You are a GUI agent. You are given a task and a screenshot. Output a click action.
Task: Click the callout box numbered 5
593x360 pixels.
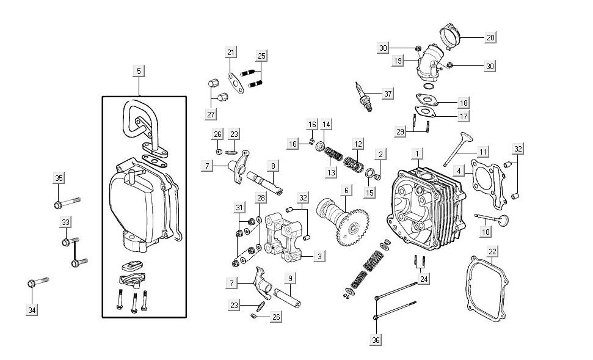[139, 72]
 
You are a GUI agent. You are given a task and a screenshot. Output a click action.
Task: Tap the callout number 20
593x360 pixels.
[490, 37]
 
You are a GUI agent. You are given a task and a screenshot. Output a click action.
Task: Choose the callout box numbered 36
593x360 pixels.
[376, 339]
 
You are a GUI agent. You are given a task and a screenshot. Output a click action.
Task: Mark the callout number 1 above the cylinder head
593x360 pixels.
[417, 152]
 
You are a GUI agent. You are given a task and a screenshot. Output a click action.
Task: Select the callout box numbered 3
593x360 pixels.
[319, 257]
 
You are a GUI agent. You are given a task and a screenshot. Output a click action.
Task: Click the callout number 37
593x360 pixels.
[387, 94]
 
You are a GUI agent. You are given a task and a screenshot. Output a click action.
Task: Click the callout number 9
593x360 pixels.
[290, 279]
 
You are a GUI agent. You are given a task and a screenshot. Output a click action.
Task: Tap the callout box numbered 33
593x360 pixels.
[65, 221]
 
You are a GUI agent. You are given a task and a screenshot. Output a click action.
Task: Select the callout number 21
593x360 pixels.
[230, 53]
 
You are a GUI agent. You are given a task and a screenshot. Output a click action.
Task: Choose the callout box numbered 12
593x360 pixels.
[358, 144]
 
